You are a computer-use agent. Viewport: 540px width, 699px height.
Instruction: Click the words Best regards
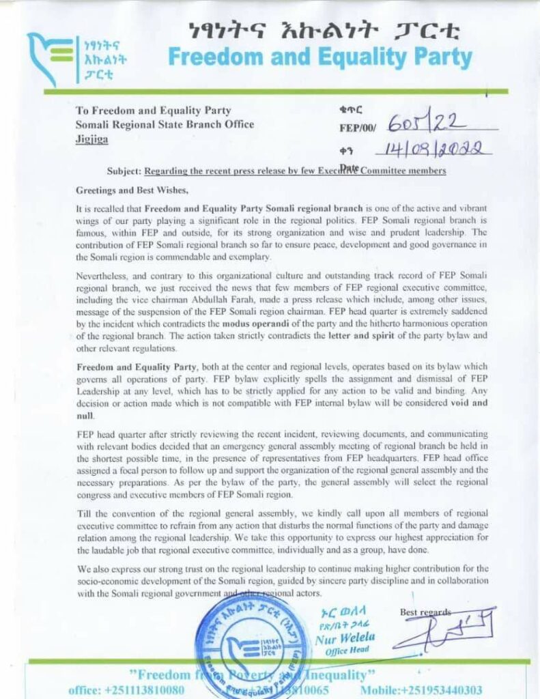(x=426, y=612)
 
